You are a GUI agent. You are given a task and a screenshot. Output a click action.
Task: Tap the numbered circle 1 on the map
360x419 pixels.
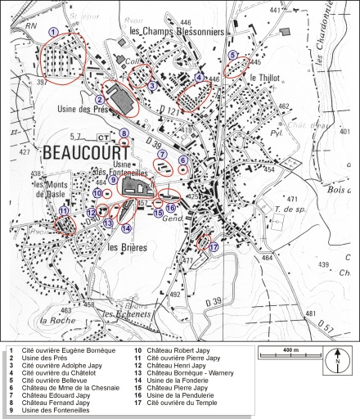pyautogui.click(x=53, y=31)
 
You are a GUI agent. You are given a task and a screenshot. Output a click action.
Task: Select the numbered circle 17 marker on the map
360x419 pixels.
pyautogui.click(x=214, y=246)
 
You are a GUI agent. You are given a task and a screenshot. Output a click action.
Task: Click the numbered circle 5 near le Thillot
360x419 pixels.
pyautogui.click(x=233, y=56)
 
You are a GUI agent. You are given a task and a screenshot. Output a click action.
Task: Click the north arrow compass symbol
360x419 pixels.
pyautogui.click(x=336, y=361)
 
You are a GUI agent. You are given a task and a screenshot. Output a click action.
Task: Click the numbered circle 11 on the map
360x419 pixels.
pyautogui.click(x=63, y=210)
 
